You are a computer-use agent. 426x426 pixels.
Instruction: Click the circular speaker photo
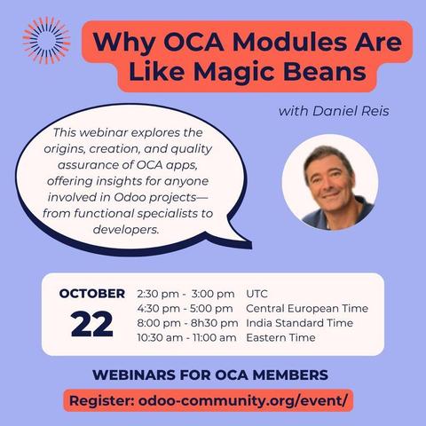(330, 183)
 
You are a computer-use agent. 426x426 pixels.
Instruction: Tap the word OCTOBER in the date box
(92, 294)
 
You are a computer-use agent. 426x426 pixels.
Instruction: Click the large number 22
(92, 324)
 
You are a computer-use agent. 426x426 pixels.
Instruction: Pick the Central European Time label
(306, 309)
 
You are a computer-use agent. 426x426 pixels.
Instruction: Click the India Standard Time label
(299, 323)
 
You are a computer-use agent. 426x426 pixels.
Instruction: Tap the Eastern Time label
(280, 338)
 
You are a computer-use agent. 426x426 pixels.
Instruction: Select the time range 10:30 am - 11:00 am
(187, 338)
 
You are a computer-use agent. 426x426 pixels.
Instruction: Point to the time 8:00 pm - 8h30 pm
(185, 323)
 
